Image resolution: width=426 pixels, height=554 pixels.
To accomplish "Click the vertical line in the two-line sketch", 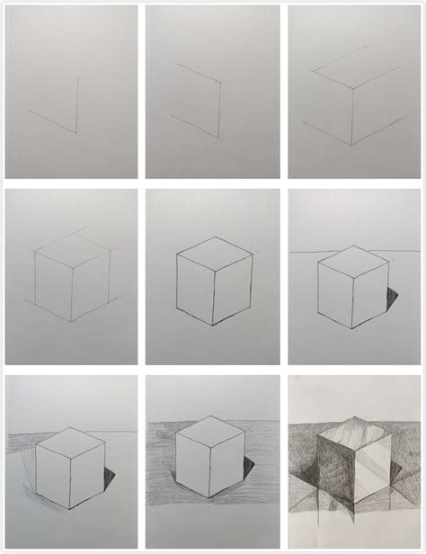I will point(75,103).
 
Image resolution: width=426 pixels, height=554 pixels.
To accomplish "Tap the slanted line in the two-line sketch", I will point(52,121).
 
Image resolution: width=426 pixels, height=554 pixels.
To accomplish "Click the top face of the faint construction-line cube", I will point(71,244).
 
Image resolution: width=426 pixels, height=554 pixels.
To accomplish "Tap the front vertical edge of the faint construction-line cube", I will point(71,290).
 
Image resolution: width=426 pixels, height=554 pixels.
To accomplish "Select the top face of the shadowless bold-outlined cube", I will point(212,251).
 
